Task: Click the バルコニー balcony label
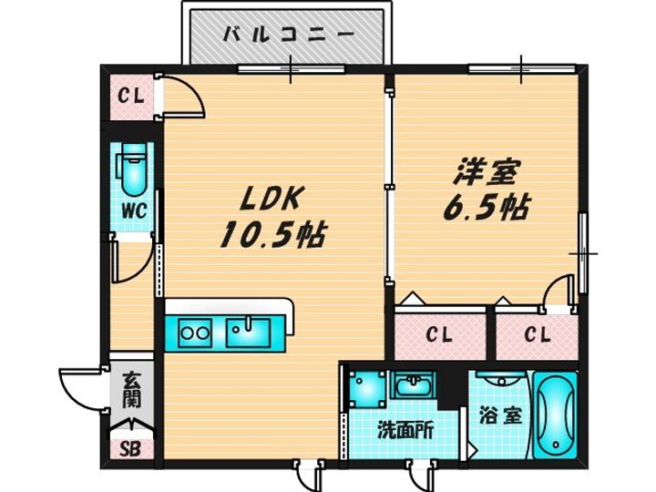click(288, 34)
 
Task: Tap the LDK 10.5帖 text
click(272, 218)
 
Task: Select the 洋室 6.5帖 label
click(487, 190)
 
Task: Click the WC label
click(134, 210)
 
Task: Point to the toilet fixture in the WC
click(132, 169)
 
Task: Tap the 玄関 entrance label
click(131, 390)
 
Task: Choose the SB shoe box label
click(130, 449)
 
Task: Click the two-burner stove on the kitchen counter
click(195, 333)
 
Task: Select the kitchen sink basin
click(248, 333)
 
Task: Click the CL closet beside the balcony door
click(131, 97)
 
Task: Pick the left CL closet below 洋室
click(439, 334)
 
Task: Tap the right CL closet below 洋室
click(538, 334)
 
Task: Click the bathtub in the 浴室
click(556, 415)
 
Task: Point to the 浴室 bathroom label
click(500, 415)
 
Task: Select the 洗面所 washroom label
click(405, 430)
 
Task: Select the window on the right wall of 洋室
click(583, 253)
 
